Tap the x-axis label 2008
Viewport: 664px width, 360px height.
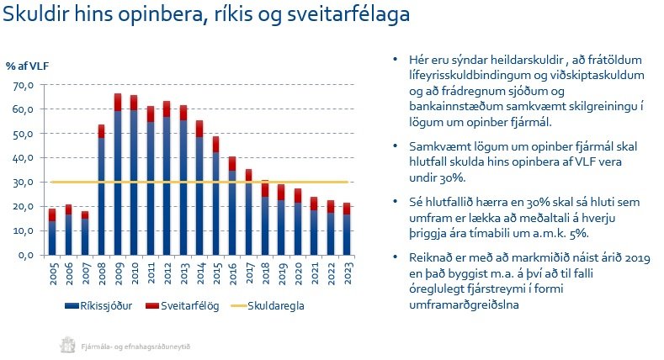[100, 275]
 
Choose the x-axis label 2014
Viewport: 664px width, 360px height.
[199, 275]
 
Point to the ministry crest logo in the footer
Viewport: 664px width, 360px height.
[66, 343]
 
